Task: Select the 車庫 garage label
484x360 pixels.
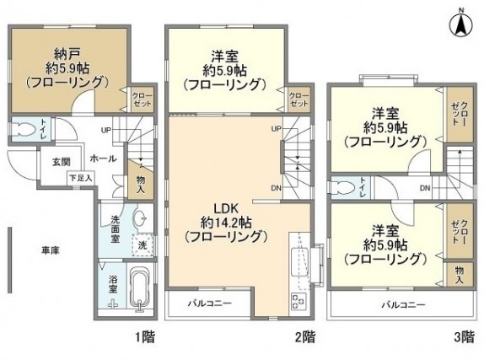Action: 51,250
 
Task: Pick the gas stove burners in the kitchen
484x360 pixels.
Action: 299,298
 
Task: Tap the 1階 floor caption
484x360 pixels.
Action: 143,337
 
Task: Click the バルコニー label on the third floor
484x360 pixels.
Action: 401,304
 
